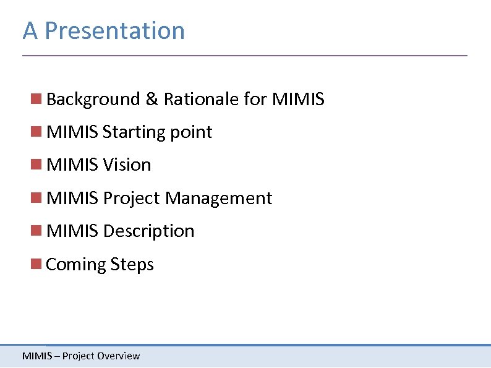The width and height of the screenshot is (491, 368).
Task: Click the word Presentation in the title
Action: [114, 30]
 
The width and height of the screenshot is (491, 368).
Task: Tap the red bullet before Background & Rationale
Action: [36, 98]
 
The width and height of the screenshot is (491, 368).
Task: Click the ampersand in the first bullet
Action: [152, 99]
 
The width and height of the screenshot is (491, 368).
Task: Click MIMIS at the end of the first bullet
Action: [298, 99]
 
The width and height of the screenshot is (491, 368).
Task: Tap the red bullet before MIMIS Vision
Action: [36, 164]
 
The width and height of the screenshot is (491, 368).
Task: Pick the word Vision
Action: [127, 165]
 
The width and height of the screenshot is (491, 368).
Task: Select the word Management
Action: [218, 199]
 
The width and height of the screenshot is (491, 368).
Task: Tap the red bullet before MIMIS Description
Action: [36, 230]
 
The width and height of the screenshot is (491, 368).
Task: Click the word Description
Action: [148, 231]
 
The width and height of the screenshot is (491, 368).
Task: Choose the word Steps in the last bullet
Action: [132, 265]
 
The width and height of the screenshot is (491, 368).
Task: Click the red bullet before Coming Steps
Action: [36, 263]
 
